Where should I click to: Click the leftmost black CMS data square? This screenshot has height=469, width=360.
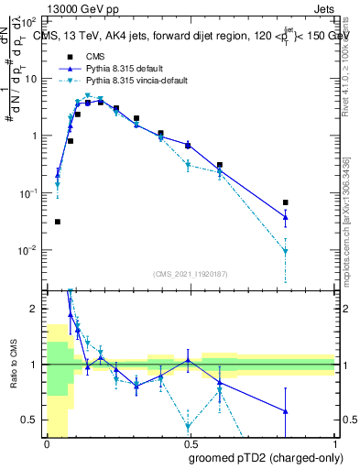[x=58, y=222]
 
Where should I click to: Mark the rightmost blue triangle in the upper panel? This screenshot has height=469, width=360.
[x=286, y=217]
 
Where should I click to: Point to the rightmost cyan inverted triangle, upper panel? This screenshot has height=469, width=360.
[x=286, y=251]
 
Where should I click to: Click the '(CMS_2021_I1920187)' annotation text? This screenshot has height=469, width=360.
[x=191, y=274]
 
